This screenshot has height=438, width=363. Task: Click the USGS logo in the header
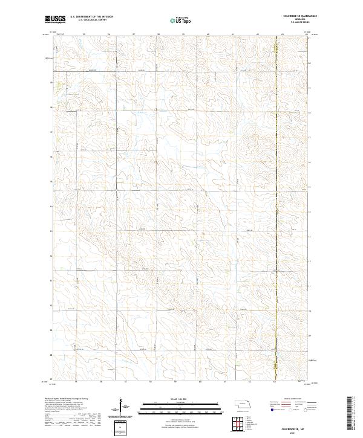click(x=55, y=20)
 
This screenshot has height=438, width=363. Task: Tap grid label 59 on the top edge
click(x=183, y=34)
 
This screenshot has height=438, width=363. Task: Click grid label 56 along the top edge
click(x=108, y=34)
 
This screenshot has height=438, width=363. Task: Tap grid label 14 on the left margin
click(x=51, y=206)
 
